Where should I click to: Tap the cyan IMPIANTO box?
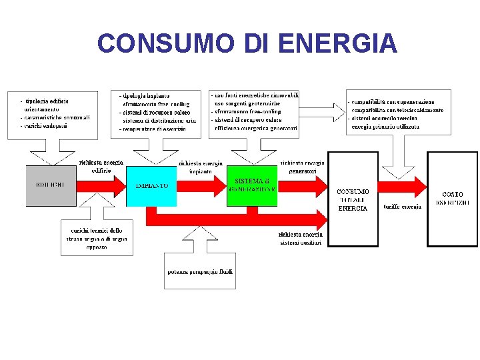[151, 185]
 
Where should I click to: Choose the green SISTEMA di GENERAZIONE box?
[252, 185]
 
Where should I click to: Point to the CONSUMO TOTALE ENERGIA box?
[352, 199]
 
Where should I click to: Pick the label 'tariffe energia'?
[402, 207]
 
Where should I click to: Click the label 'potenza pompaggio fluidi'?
[199, 271]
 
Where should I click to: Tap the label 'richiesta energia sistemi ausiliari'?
[301, 239]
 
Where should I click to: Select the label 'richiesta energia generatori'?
[303, 167]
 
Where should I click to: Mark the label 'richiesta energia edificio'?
[101, 167]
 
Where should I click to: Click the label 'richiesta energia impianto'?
[201, 167]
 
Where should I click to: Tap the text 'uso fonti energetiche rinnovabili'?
[257, 95]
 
